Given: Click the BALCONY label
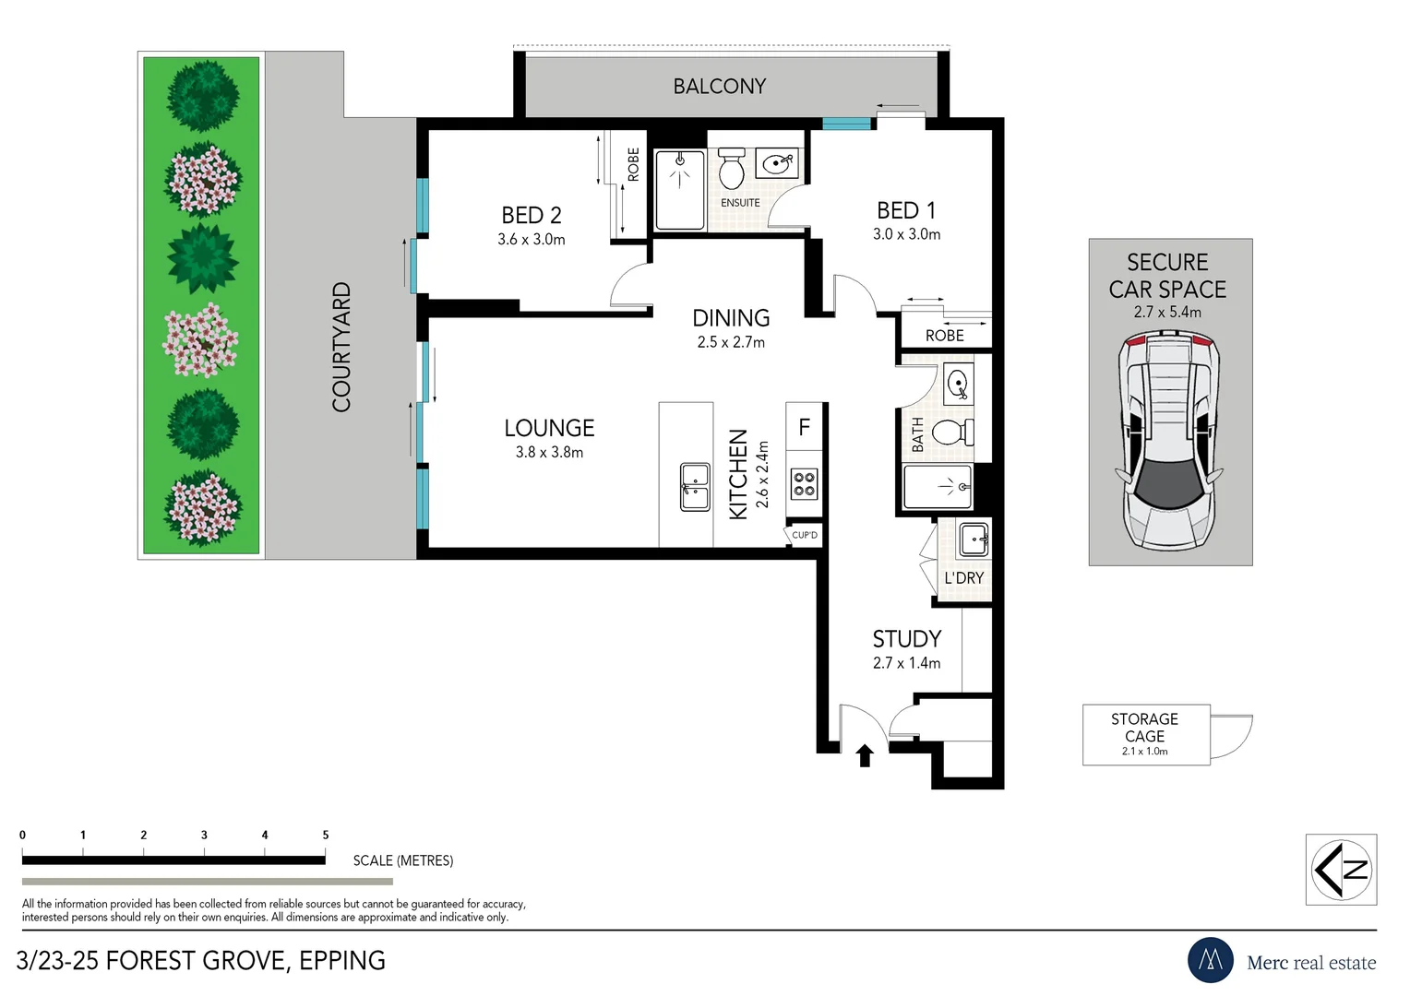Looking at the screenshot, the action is point(720,86).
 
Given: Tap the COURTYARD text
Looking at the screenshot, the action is point(341,347).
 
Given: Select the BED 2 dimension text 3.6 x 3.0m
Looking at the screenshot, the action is point(532,240).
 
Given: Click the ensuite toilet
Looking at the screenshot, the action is point(732,168).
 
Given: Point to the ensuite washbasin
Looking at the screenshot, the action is point(777,163).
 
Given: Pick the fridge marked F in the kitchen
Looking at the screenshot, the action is point(804,427).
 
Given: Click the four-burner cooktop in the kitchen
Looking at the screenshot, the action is point(804,484).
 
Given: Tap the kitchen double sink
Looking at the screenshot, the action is point(695,486).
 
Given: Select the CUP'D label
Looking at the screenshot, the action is point(805,535).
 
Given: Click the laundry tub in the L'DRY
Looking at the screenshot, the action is point(974,539).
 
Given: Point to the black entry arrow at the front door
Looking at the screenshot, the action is point(865,755).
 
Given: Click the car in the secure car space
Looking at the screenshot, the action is point(1169,439).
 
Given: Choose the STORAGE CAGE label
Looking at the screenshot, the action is point(1144,728).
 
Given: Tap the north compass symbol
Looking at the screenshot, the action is point(1342,870).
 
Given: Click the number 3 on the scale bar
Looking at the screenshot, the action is point(204,835).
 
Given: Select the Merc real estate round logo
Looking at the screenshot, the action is point(1210,960).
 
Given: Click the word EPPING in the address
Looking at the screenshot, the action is point(341,961).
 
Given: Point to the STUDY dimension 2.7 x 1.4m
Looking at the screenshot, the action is point(906,663).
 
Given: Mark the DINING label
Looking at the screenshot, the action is point(731,318).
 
